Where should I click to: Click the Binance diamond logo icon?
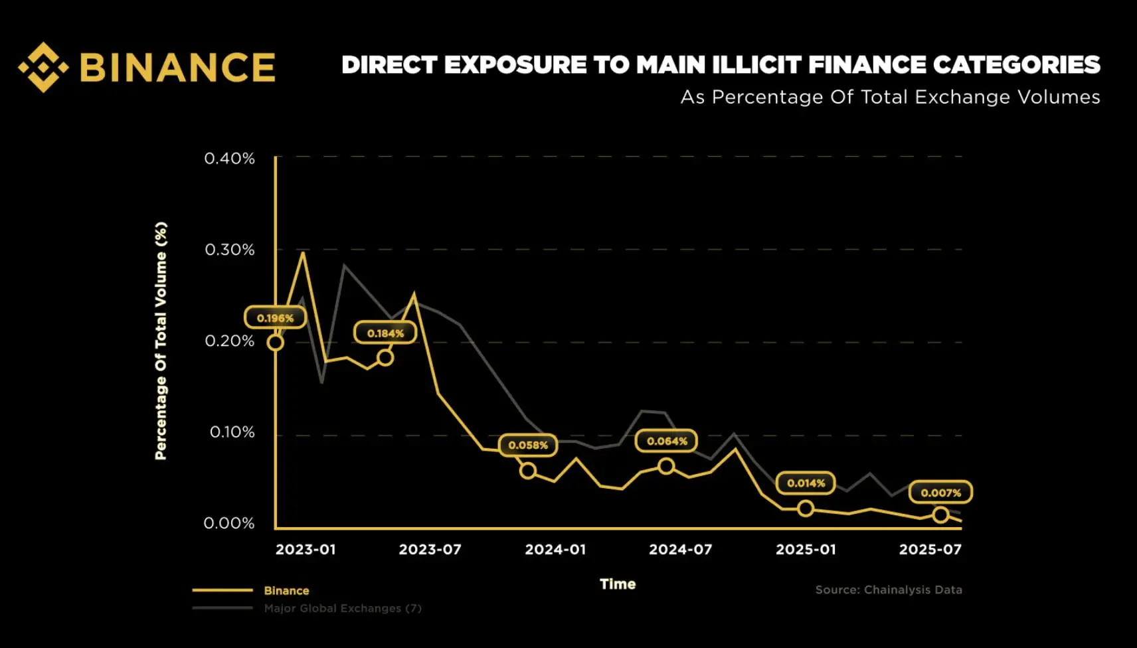point(43,67)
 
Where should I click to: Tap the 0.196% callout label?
point(275,318)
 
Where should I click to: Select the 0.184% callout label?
point(385,333)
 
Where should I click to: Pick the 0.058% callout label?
point(528,445)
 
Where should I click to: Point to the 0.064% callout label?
point(667,441)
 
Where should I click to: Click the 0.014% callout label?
point(806,483)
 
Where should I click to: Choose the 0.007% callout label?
point(940,493)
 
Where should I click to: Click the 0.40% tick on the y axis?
point(229,159)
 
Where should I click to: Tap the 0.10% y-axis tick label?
point(232,432)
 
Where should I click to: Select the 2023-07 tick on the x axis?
point(430,550)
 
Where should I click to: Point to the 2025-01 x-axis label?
point(806,550)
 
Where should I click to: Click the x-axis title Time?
point(618,584)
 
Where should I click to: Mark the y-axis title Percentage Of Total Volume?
point(161,341)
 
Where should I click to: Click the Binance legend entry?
point(286,590)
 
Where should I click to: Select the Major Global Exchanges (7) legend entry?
point(342,608)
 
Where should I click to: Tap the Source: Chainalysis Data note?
point(889,590)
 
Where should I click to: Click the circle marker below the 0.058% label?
point(528,471)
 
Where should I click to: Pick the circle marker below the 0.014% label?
point(806,509)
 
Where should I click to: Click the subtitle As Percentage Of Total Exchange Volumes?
point(890,97)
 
